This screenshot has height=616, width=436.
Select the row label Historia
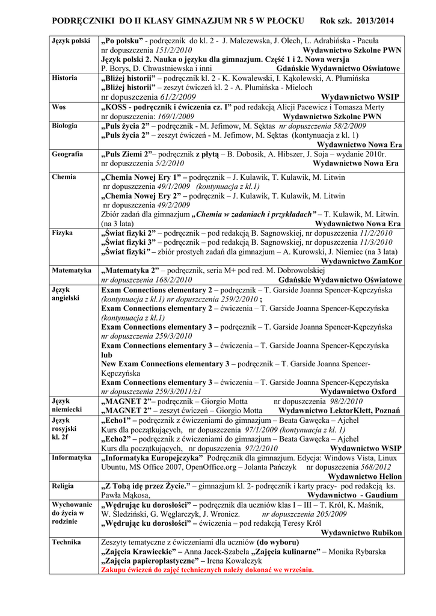point(64,78)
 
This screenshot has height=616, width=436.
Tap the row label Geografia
point(67,154)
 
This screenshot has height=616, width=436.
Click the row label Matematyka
point(72,271)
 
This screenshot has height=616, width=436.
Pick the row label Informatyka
point(72,458)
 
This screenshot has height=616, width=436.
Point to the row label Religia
point(63,485)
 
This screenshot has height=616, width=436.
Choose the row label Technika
point(66,542)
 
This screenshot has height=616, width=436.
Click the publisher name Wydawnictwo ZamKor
point(362,261)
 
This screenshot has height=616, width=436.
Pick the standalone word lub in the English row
point(106,355)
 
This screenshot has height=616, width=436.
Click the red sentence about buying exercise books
point(207,570)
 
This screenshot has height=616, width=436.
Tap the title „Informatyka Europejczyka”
point(152,458)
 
